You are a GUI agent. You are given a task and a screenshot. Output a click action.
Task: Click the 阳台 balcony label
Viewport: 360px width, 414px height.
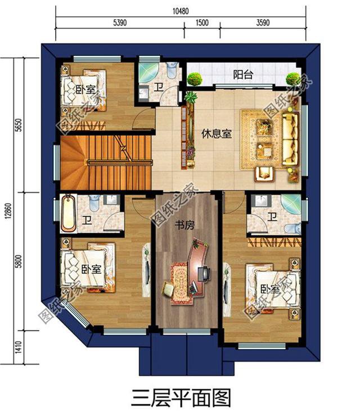(242, 75)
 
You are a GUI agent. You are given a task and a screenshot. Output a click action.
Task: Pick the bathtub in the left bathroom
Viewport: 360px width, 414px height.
(68, 213)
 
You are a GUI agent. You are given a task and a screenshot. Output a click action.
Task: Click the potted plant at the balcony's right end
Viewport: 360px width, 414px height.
(291, 79)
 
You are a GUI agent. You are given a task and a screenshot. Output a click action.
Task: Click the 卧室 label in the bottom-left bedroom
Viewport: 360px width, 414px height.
(91, 269)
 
